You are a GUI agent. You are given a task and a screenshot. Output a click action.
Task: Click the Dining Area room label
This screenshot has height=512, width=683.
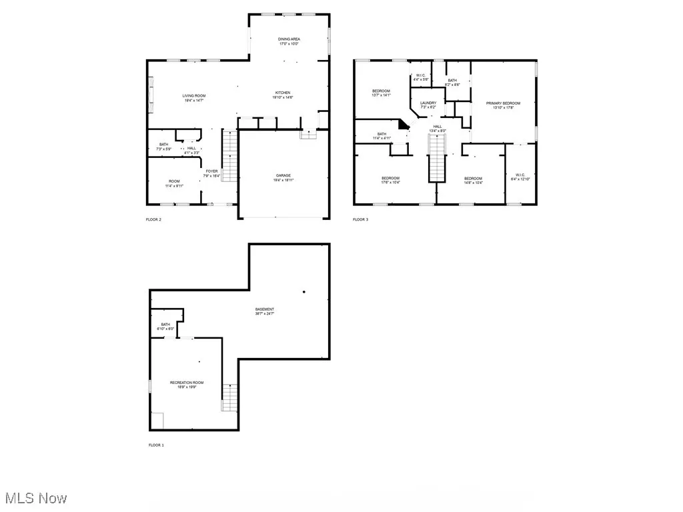click(x=289, y=39)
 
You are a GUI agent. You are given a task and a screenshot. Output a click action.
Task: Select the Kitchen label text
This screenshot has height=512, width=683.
click(x=283, y=93)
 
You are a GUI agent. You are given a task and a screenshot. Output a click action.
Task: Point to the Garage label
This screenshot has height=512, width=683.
click(x=283, y=175)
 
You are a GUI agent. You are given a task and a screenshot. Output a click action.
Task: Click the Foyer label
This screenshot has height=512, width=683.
click(x=211, y=171)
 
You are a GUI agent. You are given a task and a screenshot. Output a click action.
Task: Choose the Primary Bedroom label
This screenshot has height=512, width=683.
click(x=503, y=103)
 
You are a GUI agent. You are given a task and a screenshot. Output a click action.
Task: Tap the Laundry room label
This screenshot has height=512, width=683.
click(x=428, y=103)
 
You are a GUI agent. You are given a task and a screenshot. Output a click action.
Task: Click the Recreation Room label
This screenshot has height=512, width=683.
click(x=187, y=383)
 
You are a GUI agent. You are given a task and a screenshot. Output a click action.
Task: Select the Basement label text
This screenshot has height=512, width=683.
click(x=265, y=309)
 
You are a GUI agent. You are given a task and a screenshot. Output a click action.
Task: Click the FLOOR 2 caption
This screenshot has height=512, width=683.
click(x=154, y=219)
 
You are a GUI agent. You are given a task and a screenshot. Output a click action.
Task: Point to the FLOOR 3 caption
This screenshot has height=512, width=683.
click(x=360, y=219)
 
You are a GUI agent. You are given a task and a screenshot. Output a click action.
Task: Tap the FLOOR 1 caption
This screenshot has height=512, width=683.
click(x=155, y=445)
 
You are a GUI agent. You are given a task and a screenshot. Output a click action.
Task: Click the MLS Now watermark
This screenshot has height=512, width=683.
click(x=35, y=498)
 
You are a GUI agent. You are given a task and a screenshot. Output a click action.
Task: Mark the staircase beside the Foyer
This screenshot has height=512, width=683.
click(x=229, y=156)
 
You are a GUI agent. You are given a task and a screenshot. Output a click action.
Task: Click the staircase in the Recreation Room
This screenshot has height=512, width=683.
click(x=229, y=397)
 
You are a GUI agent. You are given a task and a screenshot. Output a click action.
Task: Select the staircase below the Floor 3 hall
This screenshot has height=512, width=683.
click(x=436, y=164)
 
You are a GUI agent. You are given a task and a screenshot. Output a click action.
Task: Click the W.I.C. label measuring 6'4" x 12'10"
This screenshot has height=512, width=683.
click(x=518, y=177)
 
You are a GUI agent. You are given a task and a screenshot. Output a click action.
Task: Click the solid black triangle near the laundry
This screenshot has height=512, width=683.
click(x=403, y=124)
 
